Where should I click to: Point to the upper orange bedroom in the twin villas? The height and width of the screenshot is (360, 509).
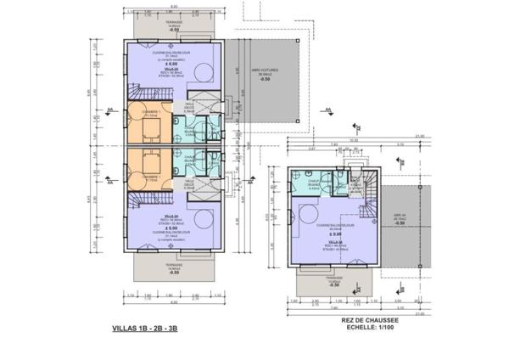(x=148, y=126)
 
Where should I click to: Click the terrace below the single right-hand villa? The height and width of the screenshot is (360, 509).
(x=331, y=279)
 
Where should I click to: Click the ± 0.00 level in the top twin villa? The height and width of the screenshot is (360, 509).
(x=171, y=64)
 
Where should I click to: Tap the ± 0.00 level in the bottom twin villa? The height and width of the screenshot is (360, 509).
(x=171, y=228)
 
